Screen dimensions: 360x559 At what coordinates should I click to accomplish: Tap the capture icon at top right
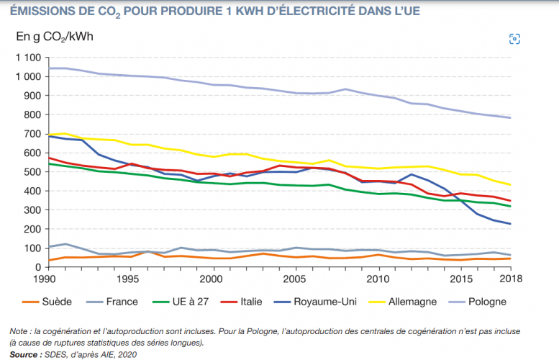pos(514,38)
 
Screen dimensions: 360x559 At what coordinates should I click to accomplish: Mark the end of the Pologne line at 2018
pos(510,117)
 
